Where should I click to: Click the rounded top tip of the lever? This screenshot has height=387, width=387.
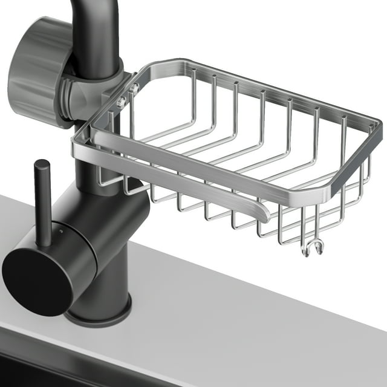41,163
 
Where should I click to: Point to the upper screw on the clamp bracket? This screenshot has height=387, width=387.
134,89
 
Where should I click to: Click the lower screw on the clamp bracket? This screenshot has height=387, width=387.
121,103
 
